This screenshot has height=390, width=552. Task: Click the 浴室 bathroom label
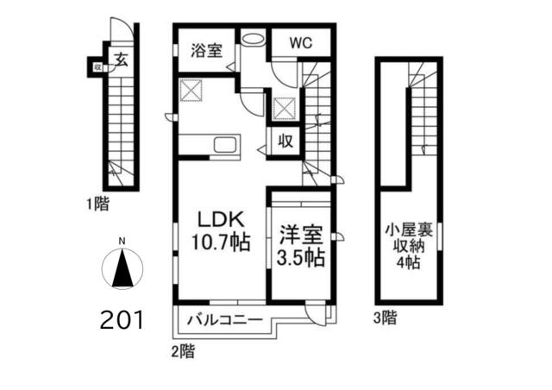pos(207,50)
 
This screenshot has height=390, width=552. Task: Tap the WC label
pos(301,43)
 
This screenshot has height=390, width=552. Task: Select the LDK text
pos(221,219)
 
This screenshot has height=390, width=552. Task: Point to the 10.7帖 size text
pos(221,242)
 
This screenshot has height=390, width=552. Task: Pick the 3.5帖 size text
pos(300,258)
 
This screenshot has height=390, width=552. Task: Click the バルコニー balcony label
pos(224,320)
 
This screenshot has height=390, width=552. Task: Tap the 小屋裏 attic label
pos(408,230)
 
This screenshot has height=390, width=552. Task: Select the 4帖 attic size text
pos(408,261)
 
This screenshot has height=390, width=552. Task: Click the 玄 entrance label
pos(122,60)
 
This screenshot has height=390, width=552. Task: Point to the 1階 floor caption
pos(98,204)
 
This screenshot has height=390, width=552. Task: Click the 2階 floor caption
pos(183,351)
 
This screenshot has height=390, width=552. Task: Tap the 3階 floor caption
pos(386,318)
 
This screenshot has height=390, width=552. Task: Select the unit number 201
pos(122,320)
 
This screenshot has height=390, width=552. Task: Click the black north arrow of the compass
pos(122,267)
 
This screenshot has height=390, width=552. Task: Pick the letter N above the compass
pos(122,242)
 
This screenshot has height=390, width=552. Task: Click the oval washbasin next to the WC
pos(253,39)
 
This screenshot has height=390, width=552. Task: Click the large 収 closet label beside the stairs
pos(285,142)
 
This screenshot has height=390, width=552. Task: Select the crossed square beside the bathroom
pos(191,91)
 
